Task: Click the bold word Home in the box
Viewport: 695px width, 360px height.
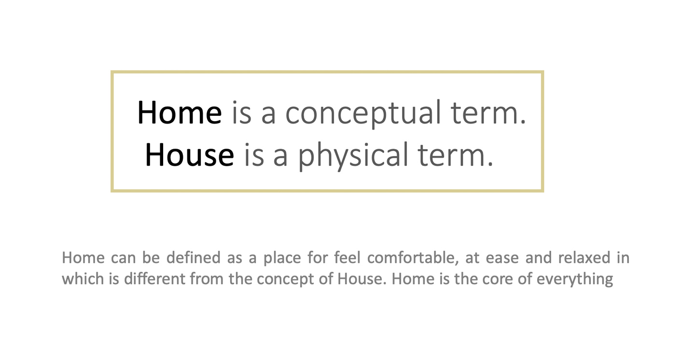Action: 180,112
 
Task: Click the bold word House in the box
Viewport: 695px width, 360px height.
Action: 190,155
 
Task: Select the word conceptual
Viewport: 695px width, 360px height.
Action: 363,113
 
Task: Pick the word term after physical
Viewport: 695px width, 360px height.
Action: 456,156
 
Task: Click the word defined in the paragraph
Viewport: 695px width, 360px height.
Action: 194,258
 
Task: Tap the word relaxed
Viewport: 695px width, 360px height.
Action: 584,258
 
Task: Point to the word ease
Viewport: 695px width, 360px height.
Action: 502,259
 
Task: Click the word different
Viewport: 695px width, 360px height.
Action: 154,278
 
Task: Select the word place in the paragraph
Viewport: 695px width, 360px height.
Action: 282,259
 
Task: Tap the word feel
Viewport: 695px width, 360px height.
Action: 347,258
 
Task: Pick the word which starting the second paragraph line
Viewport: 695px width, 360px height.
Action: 83,278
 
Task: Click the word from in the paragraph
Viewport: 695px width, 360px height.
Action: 207,278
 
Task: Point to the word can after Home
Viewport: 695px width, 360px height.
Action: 123,259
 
